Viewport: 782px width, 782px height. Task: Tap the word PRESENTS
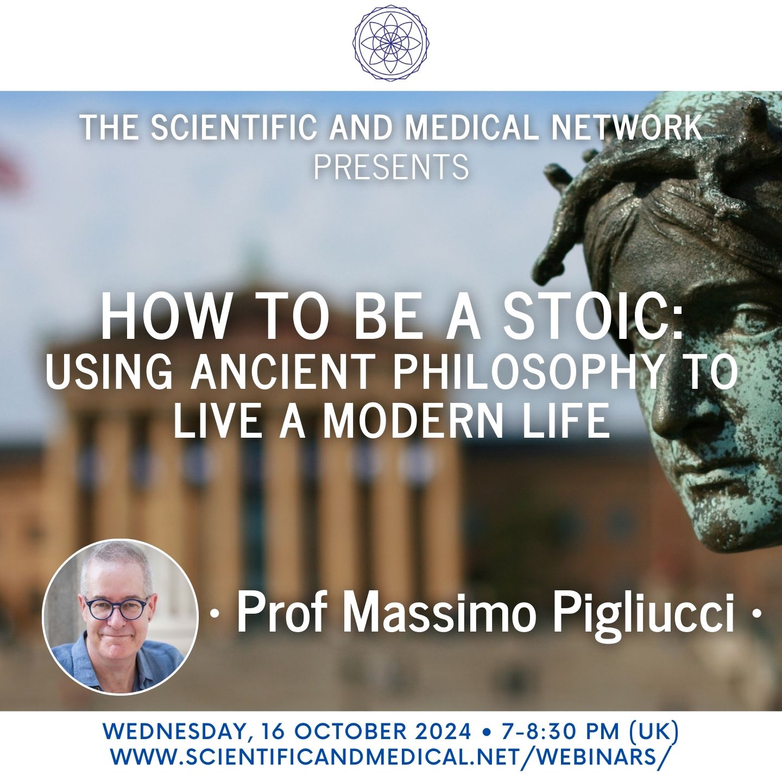[391, 167]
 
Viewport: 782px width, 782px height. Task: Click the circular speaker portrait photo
[119, 617]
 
